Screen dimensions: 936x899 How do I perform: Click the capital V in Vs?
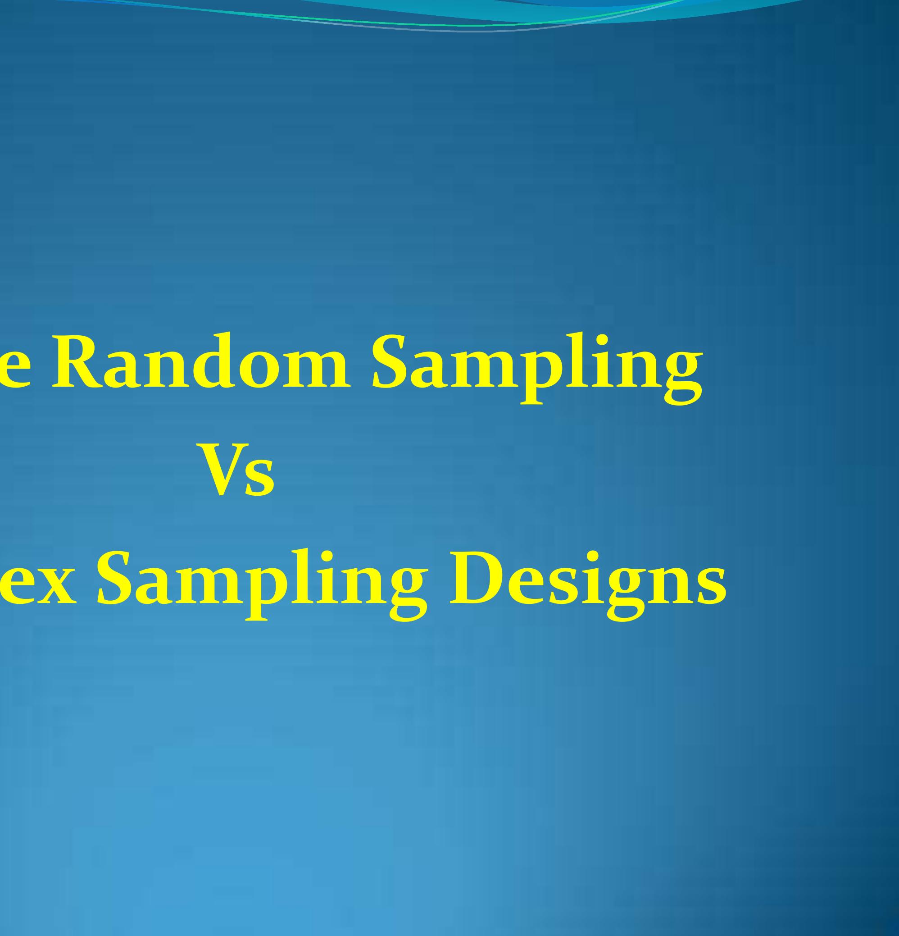(x=222, y=469)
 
